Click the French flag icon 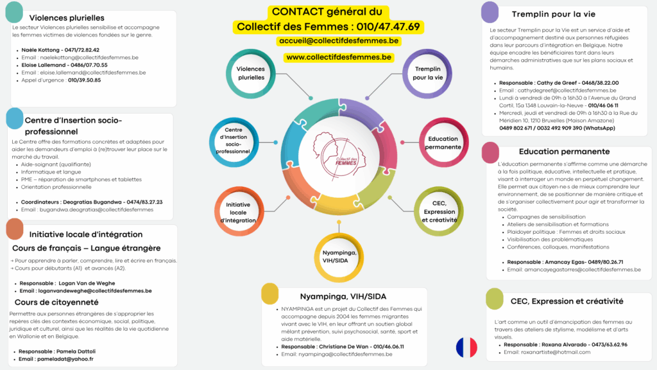[466, 347]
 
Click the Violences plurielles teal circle [250, 73]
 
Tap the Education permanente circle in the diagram [443, 143]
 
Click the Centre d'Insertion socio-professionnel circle [234, 141]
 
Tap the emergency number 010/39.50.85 [84, 80]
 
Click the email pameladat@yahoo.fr [65, 359]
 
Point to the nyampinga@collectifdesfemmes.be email [343, 354]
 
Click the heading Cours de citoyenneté [56, 302]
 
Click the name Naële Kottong [40, 49]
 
